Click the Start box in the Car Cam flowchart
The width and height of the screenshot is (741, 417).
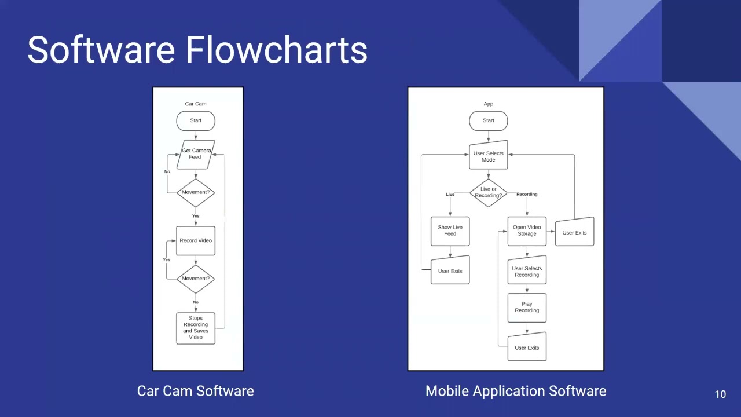[x=196, y=121]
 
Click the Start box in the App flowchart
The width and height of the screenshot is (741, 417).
[x=489, y=121]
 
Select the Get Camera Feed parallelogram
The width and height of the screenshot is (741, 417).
[x=196, y=154]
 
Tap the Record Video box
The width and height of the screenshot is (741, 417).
[x=196, y=240]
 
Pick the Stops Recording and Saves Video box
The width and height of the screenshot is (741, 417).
[x=196, y=328]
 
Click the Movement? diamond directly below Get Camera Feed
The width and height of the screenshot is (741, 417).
[x=196, y=192]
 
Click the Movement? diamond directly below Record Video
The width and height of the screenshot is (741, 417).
[x=196, y=279]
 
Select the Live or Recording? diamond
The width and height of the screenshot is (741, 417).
[x=489, y=192]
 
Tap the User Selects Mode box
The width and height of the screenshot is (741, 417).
[x=489, y=156]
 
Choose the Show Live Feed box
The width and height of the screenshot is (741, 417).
[x=450, y=231]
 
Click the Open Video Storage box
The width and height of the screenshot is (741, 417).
[x=527, y=231]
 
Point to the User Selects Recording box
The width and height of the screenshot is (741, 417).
[x=527, y=271]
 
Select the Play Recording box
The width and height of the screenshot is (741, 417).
[x=527, y=308]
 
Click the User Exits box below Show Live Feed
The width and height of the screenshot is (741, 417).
[x=450, y=270]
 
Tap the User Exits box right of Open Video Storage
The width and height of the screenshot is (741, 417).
[x=574, y=232]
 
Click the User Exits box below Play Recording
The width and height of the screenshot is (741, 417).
[x=527, y=347]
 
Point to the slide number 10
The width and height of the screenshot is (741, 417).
[x=720, y=394]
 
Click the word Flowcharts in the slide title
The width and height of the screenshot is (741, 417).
[x=276, y=50]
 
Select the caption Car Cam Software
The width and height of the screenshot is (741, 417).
[x=195, y=391]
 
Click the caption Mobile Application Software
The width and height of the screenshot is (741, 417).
[x=516, y=391]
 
